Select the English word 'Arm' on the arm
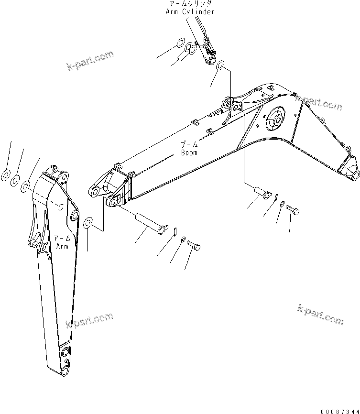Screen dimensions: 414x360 pyautogui.click(x=62, y=246)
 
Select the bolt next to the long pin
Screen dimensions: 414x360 pyautogui.click(x=193, y=246)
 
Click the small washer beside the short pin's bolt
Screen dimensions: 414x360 pyautogui.click(x=283, y=204)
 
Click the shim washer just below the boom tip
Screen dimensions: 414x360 pyautogui.click(x=88, y=223)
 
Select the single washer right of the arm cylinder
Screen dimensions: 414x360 pyautogui.click(x=220, y=65)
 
